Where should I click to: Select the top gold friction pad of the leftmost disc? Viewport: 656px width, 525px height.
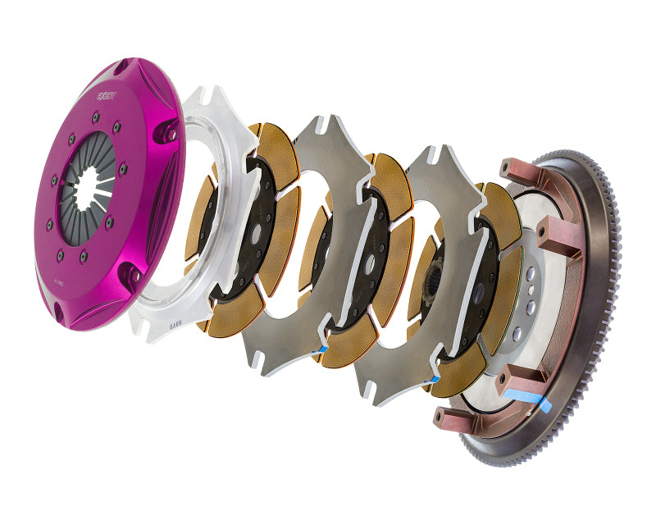coord(270,145)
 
